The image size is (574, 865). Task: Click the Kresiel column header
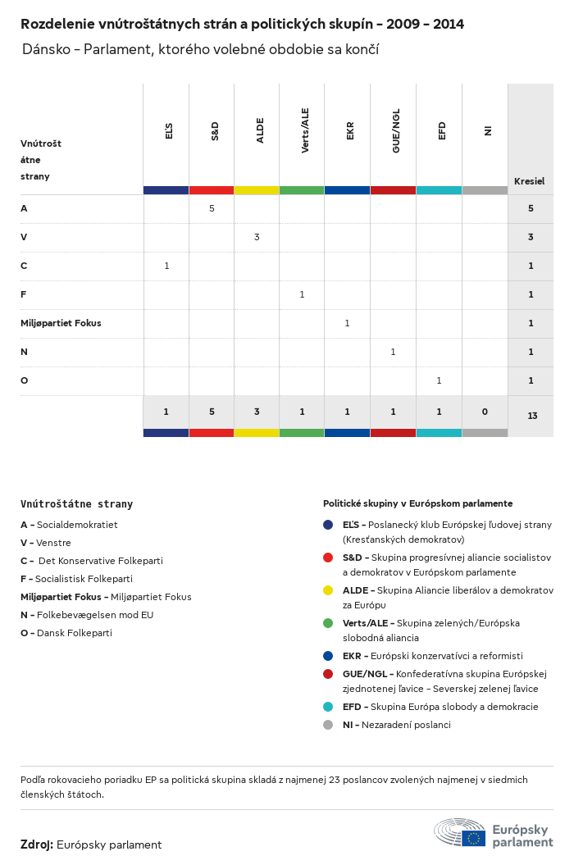tap(530, 181)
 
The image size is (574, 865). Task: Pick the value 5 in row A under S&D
tap(212, 208)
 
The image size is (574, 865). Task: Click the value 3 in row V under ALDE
tap(257, 237)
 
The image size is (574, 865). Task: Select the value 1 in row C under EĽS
tap(166, 266)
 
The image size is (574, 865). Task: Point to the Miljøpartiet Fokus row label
tap(61, 323)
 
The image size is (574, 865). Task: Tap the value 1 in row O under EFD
tap(439, 380)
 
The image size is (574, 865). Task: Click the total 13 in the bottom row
tap(532, 416)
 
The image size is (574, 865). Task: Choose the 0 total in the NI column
tap(484, 411)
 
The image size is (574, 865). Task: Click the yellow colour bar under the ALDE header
tap(257, 190)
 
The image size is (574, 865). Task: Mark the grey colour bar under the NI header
tap(485, 190)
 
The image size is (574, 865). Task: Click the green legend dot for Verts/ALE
tap(328, 623)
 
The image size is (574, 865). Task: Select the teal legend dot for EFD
tap(328, 707)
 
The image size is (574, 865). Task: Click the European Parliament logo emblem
tap(460, 832)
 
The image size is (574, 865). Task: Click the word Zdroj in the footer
tap(37, 845)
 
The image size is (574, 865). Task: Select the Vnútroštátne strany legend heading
tap(76, 504)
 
